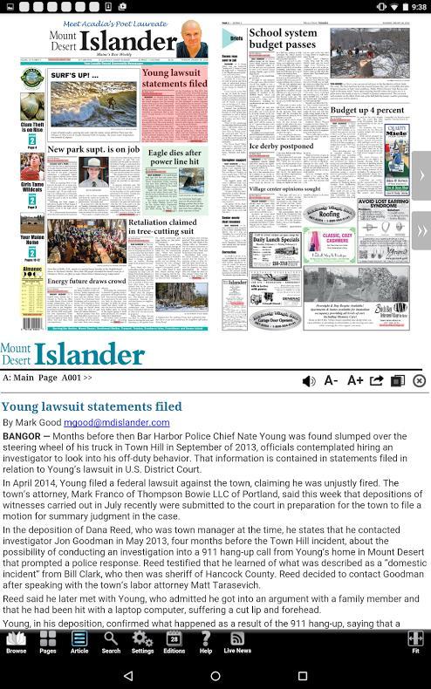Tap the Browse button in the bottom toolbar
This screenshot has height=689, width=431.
tap(16, 642)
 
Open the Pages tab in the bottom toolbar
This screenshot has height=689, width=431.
tap(48, 642)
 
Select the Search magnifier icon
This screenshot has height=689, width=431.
tap(111, 642)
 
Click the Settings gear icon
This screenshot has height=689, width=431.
tap(142, 642)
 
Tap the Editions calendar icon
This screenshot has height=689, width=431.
tap(174, 642)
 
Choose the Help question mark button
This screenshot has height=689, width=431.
tap(206, 642)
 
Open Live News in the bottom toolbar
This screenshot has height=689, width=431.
tap(236, 642)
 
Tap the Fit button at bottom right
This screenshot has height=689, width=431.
tap(415, 642)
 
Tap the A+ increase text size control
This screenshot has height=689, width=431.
tap(354, 380)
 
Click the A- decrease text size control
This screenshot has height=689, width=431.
tap(332, 380)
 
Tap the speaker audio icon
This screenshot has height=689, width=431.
tap(309, 380)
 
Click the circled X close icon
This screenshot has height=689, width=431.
tap(419, 380)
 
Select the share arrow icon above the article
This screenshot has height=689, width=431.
tap(376, 380)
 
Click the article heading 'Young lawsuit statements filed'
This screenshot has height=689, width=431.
tap(92, 406)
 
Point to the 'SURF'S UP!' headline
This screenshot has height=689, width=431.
tap(74, 76)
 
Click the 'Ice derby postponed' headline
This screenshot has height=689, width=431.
tap(281, 147)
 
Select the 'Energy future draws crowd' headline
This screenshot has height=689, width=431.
tap(86, 282)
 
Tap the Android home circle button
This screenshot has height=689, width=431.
tap(215, 675)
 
